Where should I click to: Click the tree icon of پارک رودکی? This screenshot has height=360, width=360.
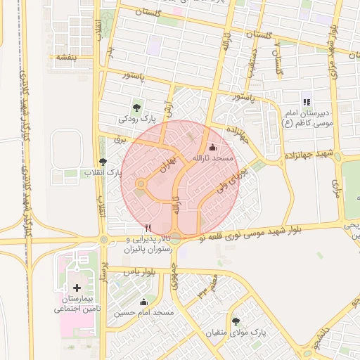point(136,108)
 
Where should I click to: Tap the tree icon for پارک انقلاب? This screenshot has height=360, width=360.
point(103,161)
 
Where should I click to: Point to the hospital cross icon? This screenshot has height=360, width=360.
point(77,288)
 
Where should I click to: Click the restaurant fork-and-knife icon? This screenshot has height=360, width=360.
point(147,228)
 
